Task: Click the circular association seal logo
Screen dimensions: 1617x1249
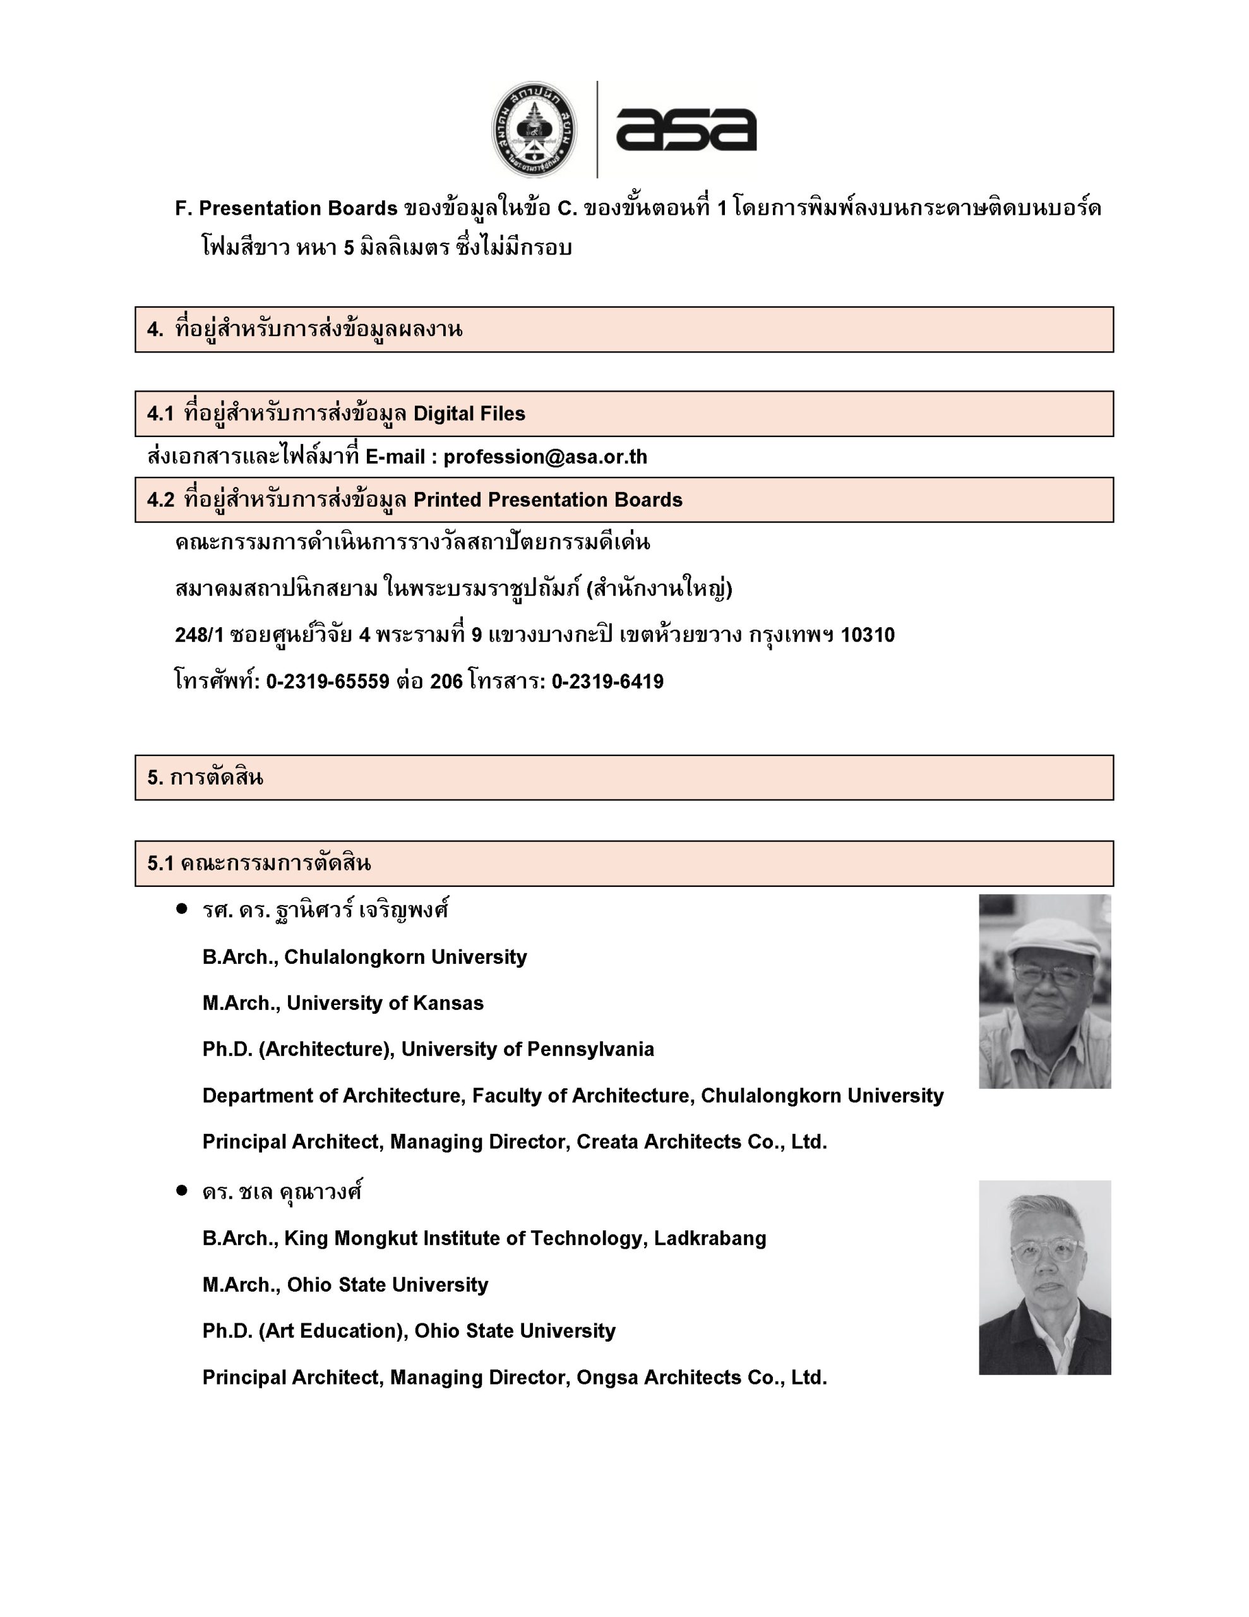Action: tap(535, 129)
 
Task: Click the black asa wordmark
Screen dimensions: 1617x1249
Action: tap(686, 129)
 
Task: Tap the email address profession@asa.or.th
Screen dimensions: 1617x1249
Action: tap(545, 457)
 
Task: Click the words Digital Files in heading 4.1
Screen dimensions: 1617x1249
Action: tap(469, 414)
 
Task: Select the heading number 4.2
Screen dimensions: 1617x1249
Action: tap(160, 500)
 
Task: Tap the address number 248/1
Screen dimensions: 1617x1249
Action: tap(198, 635)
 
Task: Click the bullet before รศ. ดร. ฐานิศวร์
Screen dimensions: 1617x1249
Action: tap(182, 909)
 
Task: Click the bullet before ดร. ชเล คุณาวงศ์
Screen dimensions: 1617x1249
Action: tap(182, 1191)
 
